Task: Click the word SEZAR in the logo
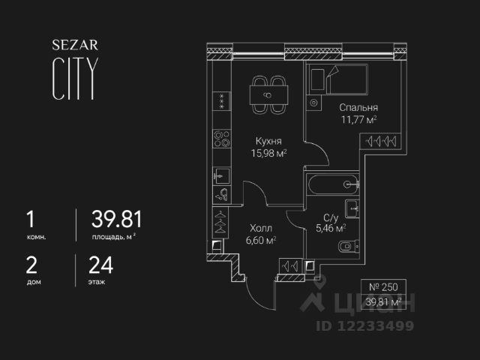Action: tap(73, 45)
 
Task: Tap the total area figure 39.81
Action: tap(116, 220)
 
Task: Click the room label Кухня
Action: tap(268, 140)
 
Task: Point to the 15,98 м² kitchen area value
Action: tap(268, 152)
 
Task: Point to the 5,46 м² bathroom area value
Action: tap(331, 227)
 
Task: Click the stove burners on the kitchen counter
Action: tap(222, 139)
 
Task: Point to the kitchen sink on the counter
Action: tap(220, 176)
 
